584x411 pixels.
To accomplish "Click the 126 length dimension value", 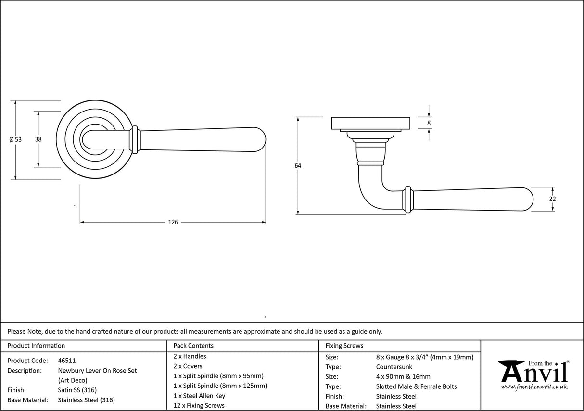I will click(x=173, y=222).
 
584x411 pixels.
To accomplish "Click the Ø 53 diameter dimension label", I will click(x=15, y=140).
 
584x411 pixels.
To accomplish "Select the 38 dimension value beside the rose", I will click(x=38, y=140).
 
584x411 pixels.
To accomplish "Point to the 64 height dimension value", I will click(x=298, y=166).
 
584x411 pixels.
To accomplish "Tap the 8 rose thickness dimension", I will click(x=429, y=123).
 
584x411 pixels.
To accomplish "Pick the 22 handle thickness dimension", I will click(x=552, y=199).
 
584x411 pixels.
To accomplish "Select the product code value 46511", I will click(x=66, y=361).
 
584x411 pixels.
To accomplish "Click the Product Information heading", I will click(x=36, y=346).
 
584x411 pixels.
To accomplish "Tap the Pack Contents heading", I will click(x=193, y=346).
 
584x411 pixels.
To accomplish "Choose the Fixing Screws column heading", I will click(x=344, y=346).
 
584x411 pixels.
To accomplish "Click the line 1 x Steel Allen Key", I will click(x=199, y=396).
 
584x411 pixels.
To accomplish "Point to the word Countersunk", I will click(x=394, y=367).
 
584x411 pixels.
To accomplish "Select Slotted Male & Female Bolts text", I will click(x=416, y=386).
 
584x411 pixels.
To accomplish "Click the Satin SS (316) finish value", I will click(x=77, y=390).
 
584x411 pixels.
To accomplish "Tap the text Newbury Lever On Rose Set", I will click(x=97, y=371).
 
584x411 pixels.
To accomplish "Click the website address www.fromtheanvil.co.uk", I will click(x=534, y=387).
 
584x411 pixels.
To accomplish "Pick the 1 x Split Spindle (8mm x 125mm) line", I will click(x=220, y=386).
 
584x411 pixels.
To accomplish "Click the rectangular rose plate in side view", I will click(x=370, y=123).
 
